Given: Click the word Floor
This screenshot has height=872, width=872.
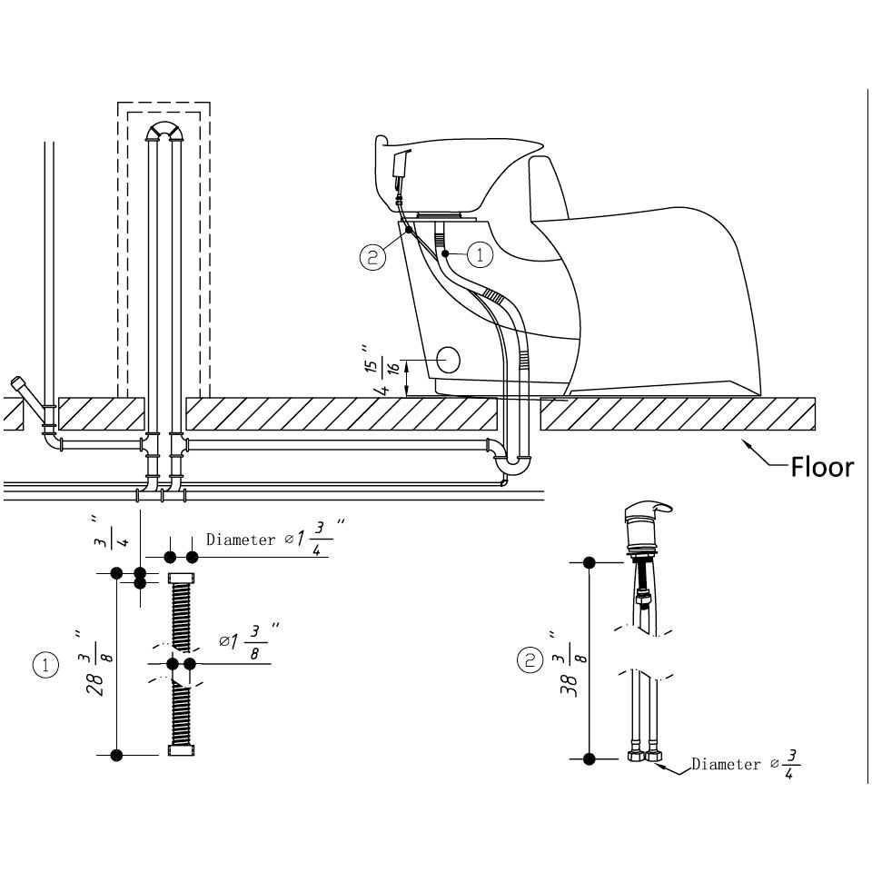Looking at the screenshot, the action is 821,467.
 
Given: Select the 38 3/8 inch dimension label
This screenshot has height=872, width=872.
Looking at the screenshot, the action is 567,664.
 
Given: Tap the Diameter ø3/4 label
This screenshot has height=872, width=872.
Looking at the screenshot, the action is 745,764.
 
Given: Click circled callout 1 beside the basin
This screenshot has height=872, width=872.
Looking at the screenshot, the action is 480,254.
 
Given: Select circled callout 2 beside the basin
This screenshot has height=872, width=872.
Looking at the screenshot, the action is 372,257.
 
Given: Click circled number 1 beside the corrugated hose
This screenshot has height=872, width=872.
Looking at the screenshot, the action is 45,665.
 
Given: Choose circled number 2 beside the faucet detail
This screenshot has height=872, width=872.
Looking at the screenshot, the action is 530,660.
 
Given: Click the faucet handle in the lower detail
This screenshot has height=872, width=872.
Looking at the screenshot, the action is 649,509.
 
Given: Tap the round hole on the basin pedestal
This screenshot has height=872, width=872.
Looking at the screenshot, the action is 448,361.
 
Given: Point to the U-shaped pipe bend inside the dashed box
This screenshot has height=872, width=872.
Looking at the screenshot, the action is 164,125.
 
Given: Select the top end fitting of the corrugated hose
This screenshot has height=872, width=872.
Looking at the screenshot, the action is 181,578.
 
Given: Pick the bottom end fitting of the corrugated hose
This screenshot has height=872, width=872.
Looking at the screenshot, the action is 181,750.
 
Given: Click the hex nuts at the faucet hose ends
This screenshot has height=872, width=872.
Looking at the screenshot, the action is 644,757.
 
